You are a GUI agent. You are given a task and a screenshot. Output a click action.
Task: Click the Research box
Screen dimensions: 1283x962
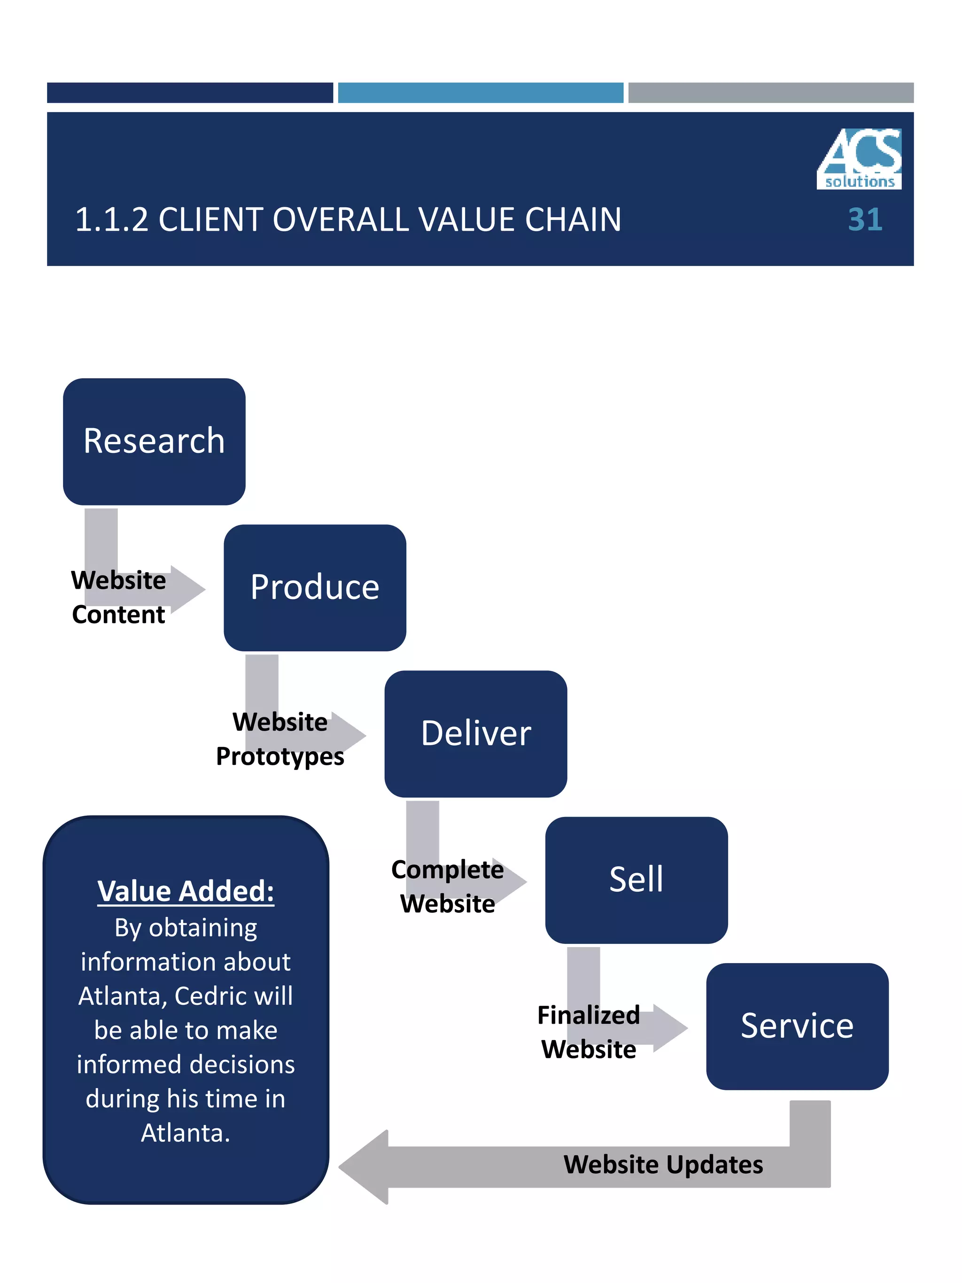pyautogui.click(x=154, y=442)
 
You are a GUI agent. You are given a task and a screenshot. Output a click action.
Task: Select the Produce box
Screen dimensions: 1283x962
pyautogui.click(x=314, y=588)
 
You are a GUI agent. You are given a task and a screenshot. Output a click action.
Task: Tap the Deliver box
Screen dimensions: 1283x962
pyautogui.click(x=475, y=734)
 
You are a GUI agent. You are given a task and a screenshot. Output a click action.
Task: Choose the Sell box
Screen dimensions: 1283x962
pyautogui.click(x=636, y=880)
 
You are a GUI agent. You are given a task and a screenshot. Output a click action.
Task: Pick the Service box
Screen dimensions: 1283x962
pyautogui.click(x=797, y=1026)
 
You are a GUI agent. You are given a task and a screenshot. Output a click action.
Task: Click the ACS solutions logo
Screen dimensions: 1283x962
pyautogui.click(x=859, y=158)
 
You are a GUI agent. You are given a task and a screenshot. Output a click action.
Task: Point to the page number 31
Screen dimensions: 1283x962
pyautogui.click(x=865, y=220)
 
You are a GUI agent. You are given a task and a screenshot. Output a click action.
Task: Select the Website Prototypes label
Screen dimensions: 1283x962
pyautogui.click(x=280, y=739)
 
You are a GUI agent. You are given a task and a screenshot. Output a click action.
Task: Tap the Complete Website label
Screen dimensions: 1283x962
pyautogui.click(x=447, y=886)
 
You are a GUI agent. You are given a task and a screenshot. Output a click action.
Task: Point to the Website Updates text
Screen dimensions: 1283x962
pyautogui.click(x=663, y=1165)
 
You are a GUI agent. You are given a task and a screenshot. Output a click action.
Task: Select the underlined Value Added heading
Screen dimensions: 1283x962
pyautogui.click(x=186, y=892)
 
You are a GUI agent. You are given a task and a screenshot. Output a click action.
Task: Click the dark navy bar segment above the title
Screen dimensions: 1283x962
pyautogui.click(x=190, y=93)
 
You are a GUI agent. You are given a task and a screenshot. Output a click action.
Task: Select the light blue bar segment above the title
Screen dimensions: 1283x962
pyautogui.click(x=480, y=93)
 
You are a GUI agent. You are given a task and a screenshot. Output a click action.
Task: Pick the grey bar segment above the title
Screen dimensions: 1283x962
pyautogui.click(x=771, y=93)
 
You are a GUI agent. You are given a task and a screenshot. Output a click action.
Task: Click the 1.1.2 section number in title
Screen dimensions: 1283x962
pyautogui.click(x=111, y=220)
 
